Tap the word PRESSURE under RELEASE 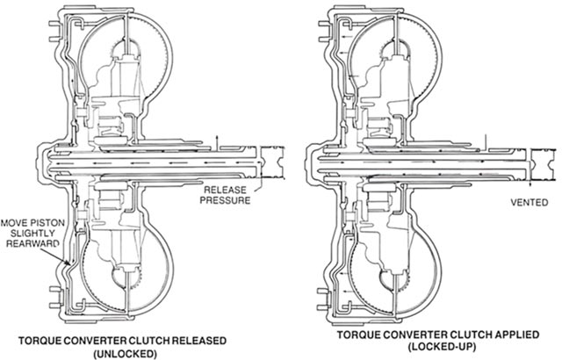point(227,200)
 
